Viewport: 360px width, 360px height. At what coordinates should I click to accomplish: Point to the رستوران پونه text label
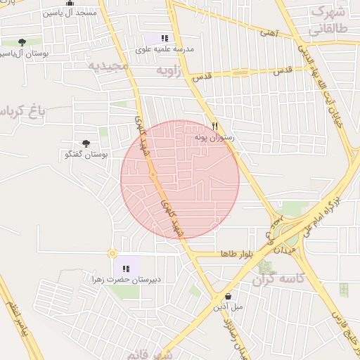tap(218, 139)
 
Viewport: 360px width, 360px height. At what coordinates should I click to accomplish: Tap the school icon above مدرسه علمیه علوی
tap(164, 39)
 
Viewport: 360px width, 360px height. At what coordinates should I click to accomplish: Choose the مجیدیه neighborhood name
tap(109, 66)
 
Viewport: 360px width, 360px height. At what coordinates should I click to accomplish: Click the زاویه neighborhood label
tap(168, 71)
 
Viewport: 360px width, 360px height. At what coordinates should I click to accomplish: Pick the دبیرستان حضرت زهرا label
tap(126, 279)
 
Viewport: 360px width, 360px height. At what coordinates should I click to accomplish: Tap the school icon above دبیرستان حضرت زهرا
tap(125, 268)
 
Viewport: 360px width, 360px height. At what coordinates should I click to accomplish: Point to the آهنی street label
tap(268, 32)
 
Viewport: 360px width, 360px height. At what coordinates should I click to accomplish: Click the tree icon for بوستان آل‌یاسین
tap(22, 42)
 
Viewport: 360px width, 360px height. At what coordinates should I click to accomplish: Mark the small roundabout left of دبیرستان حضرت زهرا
tap(111, 253)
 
